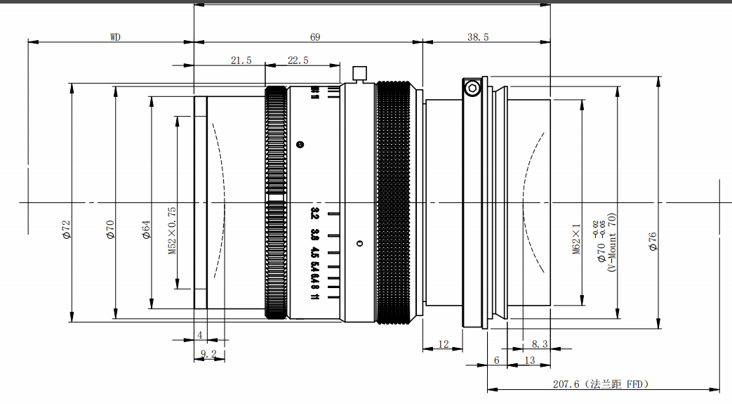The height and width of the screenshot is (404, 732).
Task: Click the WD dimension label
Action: tap(115, 37)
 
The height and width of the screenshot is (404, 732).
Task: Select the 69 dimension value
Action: tap(315, 37)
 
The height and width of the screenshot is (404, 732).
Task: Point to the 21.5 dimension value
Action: tap(241, 60)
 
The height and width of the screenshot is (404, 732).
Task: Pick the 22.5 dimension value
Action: tap(298, 60)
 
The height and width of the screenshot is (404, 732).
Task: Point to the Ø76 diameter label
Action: tap(652, 241)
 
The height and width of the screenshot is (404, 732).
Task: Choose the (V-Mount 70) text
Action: tap(611, 242)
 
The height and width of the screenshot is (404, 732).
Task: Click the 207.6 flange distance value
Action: tap(566, 384)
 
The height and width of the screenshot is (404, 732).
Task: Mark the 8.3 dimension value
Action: tap(539, 344)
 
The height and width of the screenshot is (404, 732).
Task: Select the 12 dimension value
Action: tap(443, 344)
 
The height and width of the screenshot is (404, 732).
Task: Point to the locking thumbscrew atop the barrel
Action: tap(359, 72)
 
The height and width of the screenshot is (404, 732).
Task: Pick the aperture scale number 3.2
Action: tap(314, 212)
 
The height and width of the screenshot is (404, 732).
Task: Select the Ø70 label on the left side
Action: tap(110, 230)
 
